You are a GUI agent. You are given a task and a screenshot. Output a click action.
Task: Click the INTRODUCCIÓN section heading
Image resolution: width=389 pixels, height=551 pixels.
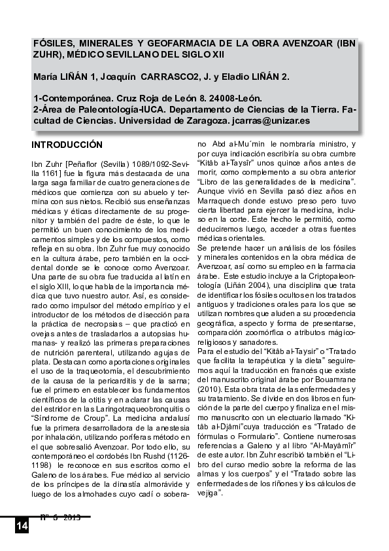[x=67, y=143]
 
